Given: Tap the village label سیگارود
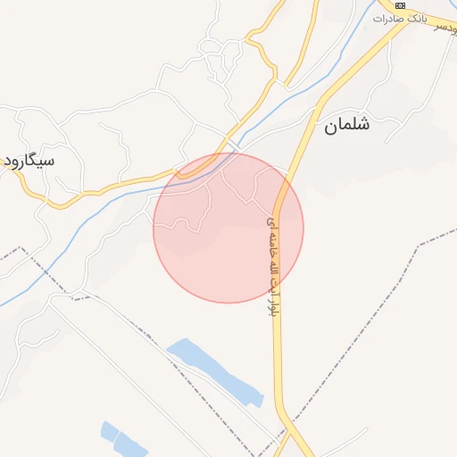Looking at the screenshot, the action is (x=28, y=161).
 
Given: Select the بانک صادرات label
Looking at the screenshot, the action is (x=401, y=18).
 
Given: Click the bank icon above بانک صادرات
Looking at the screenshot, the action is (x=401, y=5).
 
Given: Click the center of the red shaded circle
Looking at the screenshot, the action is (x=228, y=228).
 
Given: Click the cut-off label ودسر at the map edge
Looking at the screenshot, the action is (x=445, y=29).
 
